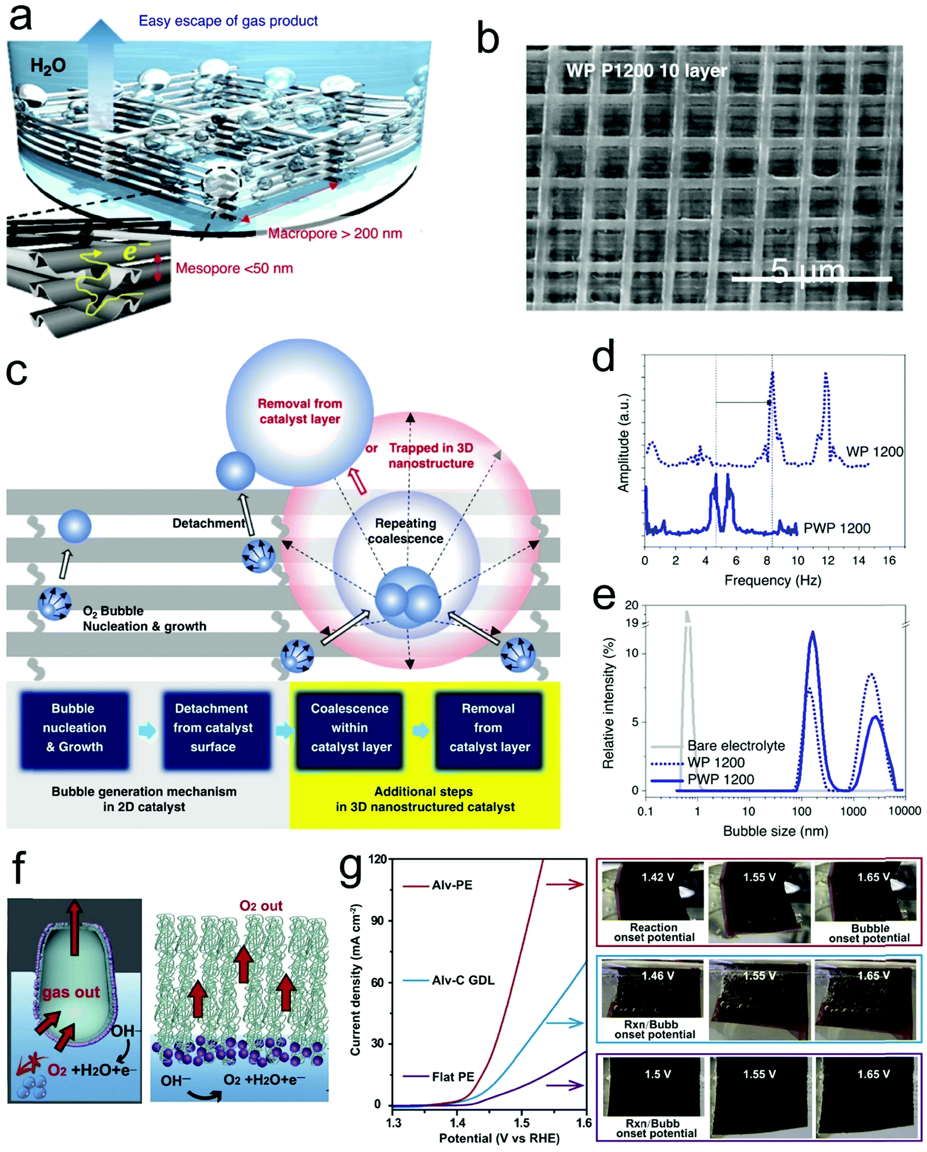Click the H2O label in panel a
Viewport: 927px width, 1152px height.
coord(48,66)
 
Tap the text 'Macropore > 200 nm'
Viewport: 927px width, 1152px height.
coord(335,234)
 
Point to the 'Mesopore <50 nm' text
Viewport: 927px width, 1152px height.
coord(234,268)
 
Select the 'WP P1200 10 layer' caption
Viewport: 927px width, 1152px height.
coord(646,70)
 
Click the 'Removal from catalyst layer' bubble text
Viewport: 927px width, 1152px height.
coord(300,411)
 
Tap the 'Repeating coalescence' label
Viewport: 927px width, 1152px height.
coord(405,530)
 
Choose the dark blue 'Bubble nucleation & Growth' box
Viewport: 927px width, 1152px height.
coord(74,728)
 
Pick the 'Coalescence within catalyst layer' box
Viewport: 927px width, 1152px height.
coord(350,728)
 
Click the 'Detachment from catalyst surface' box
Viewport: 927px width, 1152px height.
coord(212,728)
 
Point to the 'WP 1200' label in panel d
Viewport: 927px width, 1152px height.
coord(874,451)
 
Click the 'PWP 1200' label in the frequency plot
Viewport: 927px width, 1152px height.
coord(837,528)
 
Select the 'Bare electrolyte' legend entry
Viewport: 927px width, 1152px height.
coord(736,746)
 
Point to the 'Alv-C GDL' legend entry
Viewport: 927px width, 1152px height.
coord(462,980)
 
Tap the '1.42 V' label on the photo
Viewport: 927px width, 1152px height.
coord(657,877)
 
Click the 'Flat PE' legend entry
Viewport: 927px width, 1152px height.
coord(453,1077)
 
